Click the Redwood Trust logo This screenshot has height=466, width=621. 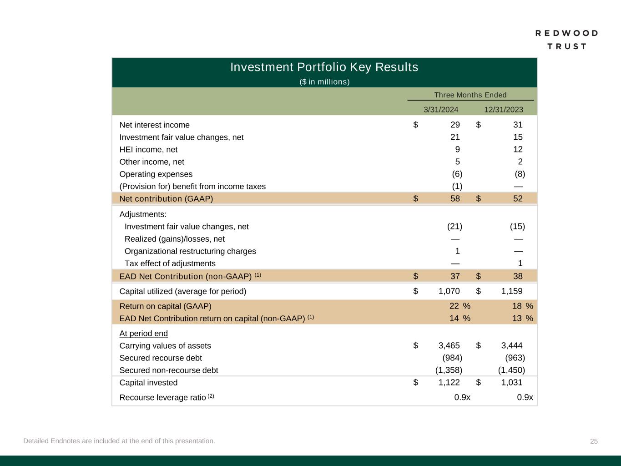tap(566, 40)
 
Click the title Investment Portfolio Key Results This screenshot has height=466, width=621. tap(324, 67)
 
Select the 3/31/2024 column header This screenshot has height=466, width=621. tap(440, 110)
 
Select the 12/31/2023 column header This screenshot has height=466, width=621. tap(503, 110)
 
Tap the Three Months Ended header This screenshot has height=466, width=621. tap(470, 95)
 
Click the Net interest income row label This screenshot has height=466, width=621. tap(154, 125)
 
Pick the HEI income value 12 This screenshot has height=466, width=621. tap(517, 150)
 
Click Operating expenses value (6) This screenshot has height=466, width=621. tap(457, 174)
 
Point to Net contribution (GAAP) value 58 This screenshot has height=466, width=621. tap(454, 199)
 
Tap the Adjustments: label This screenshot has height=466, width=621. tap(143, 214)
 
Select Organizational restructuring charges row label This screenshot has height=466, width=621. tap(190, 251)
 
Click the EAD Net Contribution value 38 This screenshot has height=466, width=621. tap(517, 276)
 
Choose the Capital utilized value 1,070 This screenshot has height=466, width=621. tap(449, 291)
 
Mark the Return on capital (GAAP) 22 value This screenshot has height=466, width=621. tap(454, 306)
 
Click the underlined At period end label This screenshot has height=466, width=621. tap(143, 334)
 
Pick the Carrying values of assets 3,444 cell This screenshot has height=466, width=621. tap(511, 346)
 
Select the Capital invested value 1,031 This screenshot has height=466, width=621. tap(511, 383)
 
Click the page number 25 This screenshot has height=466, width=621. tap(594, 441)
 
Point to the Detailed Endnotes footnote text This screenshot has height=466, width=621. tap(119, 441)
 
